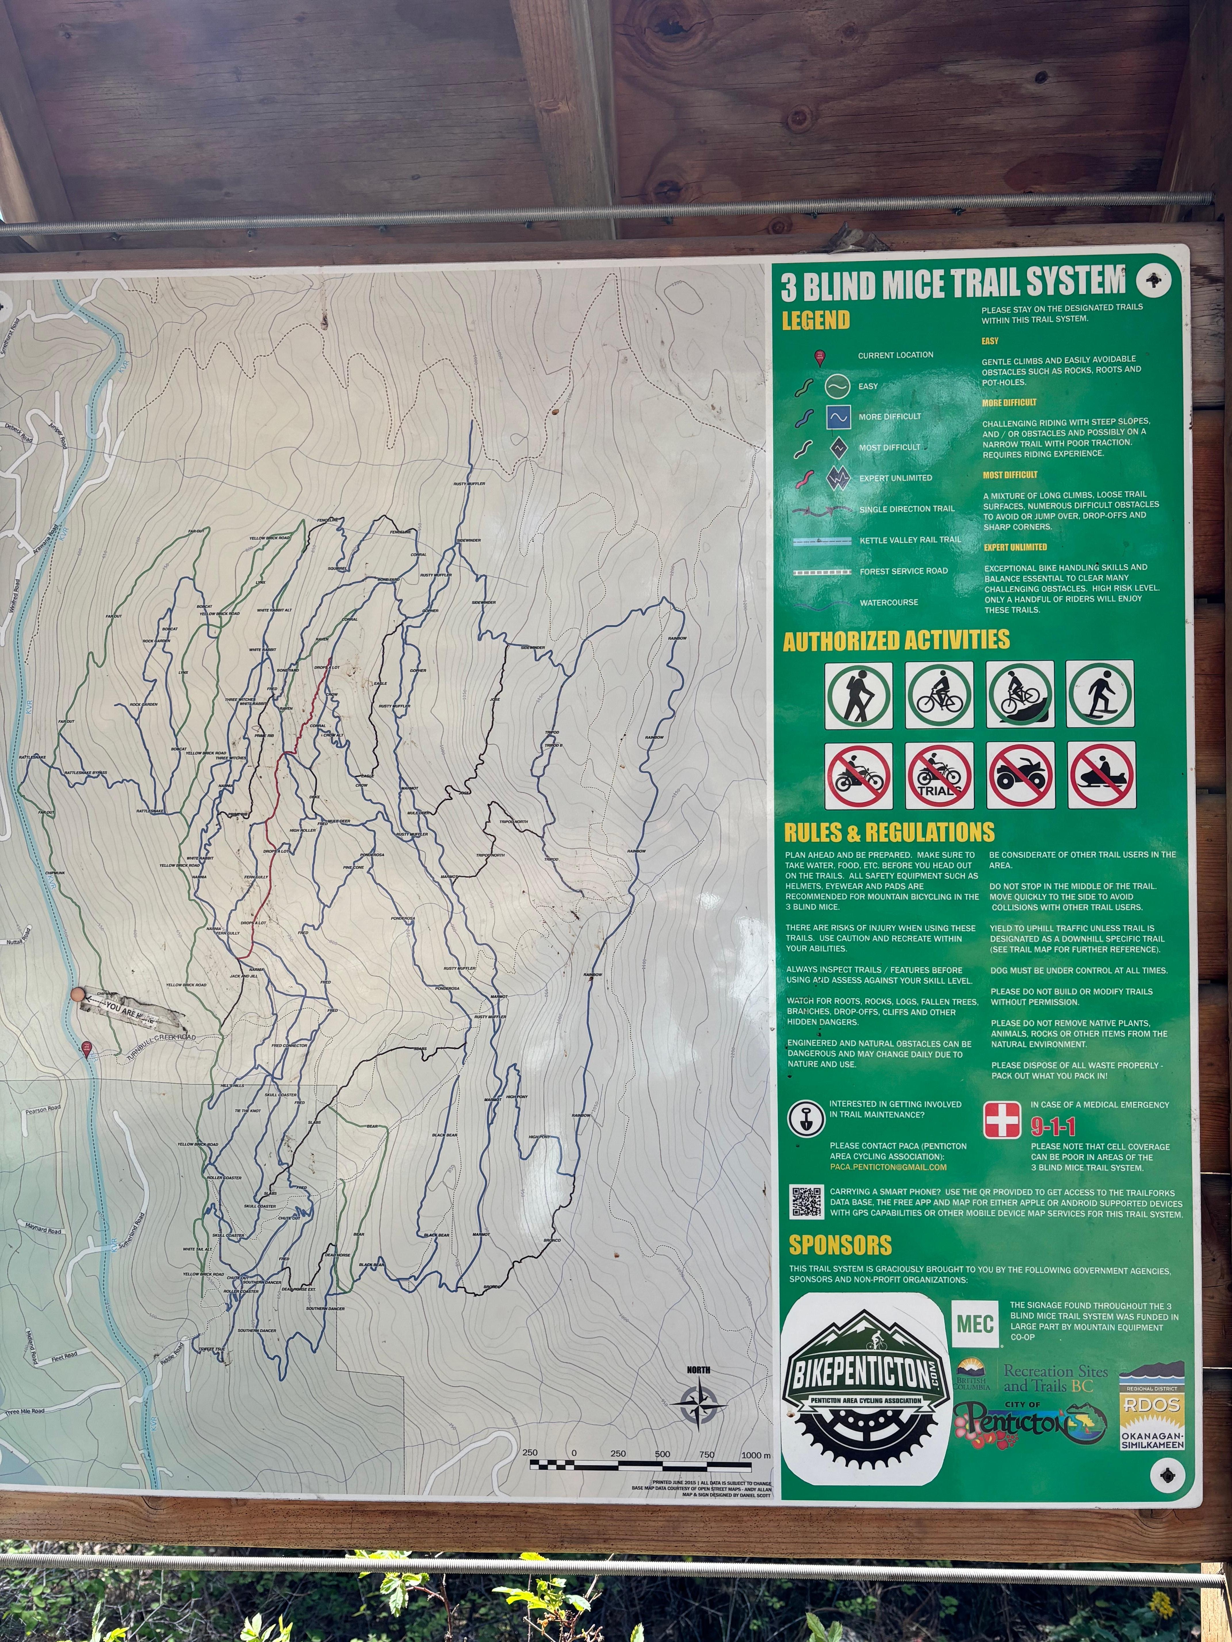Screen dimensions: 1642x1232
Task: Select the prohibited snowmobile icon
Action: click(x=1101, y=776)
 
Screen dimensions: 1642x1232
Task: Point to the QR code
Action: click(x=806, y=1202)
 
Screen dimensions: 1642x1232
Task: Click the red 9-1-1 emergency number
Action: click(x=1053, y=1127)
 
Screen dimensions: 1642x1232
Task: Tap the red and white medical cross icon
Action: click(x=1002, y=1120)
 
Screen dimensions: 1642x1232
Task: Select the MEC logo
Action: click(x=975, y=1323)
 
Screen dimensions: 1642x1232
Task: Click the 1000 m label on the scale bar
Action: click(x=756, y=1455)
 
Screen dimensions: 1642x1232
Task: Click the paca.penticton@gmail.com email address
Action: click(x=888, y=1167)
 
